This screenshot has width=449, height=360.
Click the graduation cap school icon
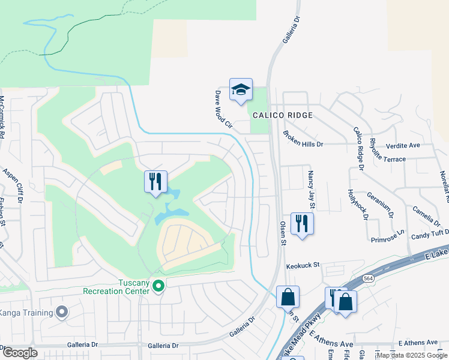tap(241, 90)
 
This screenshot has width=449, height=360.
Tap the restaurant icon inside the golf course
tap(155, 181)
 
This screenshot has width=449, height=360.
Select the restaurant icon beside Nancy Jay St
tap(301, 224)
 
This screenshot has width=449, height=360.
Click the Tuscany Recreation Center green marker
tap(158, 286)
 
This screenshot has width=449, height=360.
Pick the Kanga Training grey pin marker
tap(61, 311)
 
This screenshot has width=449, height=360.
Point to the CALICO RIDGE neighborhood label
tap(282, 115)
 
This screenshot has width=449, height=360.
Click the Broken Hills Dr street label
tap(303, 140)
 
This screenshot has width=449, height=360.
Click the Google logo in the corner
tap(20, 353)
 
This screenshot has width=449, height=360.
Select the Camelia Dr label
tap(427, 214)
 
